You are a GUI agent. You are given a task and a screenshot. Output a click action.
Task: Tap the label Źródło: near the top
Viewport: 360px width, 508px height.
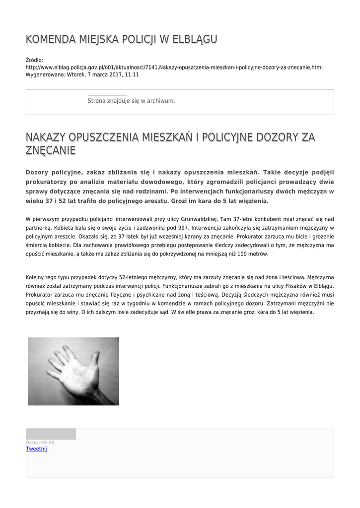pyautogui.click(x=34, y=60)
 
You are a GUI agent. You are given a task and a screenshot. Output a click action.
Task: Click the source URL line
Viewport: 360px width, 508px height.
pyautogui.click(x=174, y=67)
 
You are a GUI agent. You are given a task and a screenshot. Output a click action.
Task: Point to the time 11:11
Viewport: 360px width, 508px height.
pyautogui.click(x=132, y=74)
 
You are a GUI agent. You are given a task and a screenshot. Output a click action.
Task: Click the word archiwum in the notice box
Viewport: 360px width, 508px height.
pyautogui.click(x=161, y=101)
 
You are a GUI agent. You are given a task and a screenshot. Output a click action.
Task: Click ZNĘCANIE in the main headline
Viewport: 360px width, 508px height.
pyautogui.click(x=51, y=150)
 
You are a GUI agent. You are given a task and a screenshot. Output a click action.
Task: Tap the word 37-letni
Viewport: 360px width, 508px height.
pyautogui.click(x=244, y=219)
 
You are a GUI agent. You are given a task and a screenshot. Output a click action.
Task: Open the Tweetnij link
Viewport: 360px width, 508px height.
pyautogui.click(x=36, y=449)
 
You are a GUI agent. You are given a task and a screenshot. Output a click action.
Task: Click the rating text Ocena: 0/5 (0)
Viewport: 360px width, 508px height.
pyautogui.click(x=40, y=443)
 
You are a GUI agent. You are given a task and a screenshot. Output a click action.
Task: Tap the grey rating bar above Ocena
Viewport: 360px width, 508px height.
pyautogui.click(x=51, y=434)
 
